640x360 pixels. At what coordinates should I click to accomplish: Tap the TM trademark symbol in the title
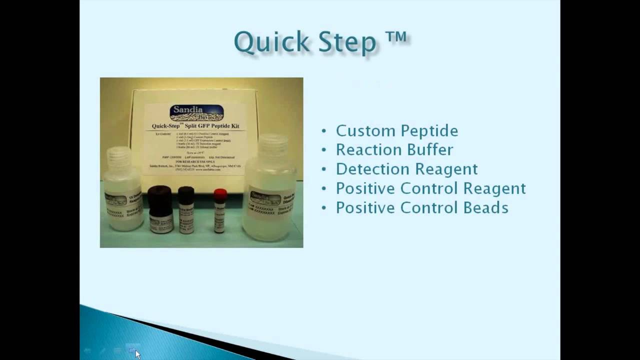[x=396, y=38]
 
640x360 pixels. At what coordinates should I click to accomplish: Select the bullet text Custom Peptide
[x=396, y=131]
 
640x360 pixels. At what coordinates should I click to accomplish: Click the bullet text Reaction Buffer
[x=394, y=150]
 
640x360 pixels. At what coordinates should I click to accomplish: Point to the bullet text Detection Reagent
[x=406, y=169]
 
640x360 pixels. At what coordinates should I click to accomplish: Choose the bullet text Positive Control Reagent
[x=430, y=188]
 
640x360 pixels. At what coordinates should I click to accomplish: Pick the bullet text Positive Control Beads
[x=422, y=208]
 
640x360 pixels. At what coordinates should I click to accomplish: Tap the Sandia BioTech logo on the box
[x=196, y=113]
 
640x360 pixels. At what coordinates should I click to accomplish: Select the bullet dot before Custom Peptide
[x=324, y=131]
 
